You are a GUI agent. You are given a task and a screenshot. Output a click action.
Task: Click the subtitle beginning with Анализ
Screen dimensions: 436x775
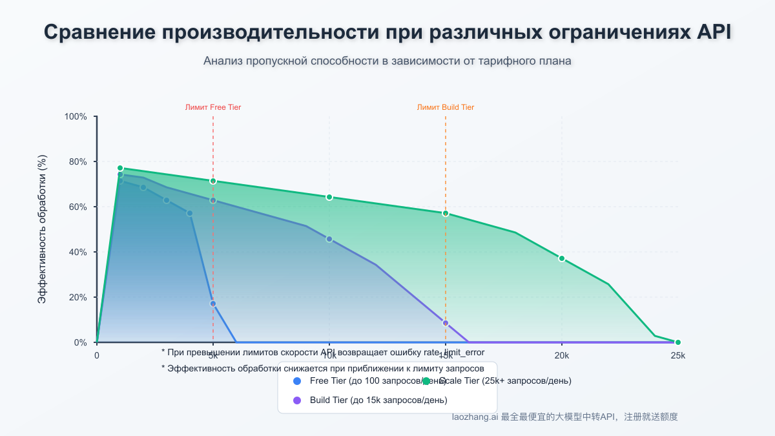click(x=387, y=61)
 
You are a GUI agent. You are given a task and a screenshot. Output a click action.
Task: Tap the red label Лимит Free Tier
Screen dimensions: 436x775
click(x=213, y=107)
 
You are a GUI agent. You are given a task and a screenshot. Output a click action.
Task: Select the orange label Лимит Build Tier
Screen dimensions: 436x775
click(x=446, y=107)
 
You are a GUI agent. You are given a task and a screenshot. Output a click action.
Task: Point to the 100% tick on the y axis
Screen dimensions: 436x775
click(x=76, y=117)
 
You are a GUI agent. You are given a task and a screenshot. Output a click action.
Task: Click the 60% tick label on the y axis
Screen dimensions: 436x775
click(x=78, y=207)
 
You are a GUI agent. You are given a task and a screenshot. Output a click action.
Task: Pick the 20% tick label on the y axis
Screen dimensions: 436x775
click(x=78, y=298)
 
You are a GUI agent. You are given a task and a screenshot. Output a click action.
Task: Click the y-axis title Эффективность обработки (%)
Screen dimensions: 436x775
click(x=43, y=229)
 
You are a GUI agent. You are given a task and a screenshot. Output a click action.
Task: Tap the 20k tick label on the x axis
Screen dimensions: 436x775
click(x=562, y=356)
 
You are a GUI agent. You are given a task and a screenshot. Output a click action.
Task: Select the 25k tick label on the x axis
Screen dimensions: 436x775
click(x=677, y=356)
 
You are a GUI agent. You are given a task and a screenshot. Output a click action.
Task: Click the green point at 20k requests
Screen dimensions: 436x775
click(x=562, y=258)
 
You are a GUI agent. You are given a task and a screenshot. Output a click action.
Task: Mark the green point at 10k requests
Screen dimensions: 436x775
click(x=329, y=197)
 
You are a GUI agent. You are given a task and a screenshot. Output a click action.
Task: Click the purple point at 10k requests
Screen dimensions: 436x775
click(x=329, y=239)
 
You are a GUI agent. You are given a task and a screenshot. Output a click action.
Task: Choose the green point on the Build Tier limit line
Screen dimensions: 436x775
click(x=446, y=213)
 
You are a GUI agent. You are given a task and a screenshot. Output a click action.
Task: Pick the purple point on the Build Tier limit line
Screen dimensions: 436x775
click(x=446, y=323)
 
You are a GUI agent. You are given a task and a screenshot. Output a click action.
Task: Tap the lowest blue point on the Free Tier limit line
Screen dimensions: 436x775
click(x=213, y=304)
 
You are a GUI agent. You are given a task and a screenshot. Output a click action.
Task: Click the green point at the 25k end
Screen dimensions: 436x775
click(x=677, y=342)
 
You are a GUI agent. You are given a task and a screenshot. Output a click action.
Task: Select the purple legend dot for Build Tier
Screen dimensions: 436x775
click(x=297, y=400)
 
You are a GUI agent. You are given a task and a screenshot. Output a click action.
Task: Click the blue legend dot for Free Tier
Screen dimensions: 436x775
click(x=297, y=381)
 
